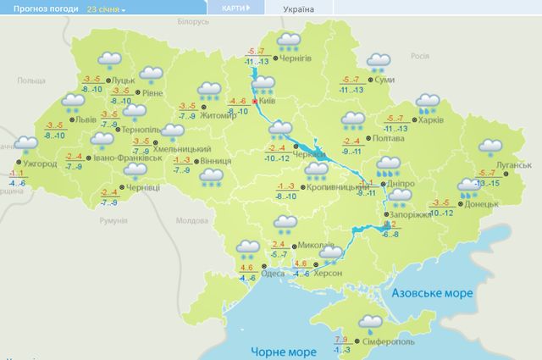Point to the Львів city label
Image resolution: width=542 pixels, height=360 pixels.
tap(86, 120)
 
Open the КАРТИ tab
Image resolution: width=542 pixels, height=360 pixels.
tap(235, 8)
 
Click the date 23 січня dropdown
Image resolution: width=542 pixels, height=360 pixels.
tap(106, 8)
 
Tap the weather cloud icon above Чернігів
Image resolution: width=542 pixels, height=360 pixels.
tap(290, 42)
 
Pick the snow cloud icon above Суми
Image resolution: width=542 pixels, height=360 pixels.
tap(378, 63)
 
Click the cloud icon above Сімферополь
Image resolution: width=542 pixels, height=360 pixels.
tap(369, 322)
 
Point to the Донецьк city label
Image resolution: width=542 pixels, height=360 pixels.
tap(481, 204)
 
